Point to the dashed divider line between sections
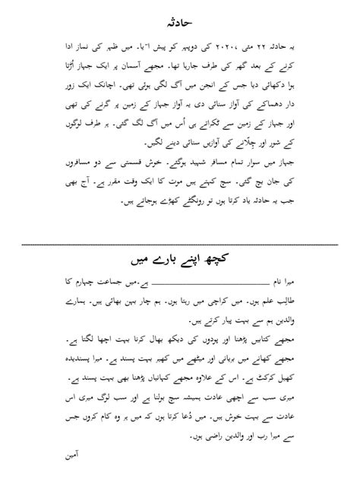tap(179, 245)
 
